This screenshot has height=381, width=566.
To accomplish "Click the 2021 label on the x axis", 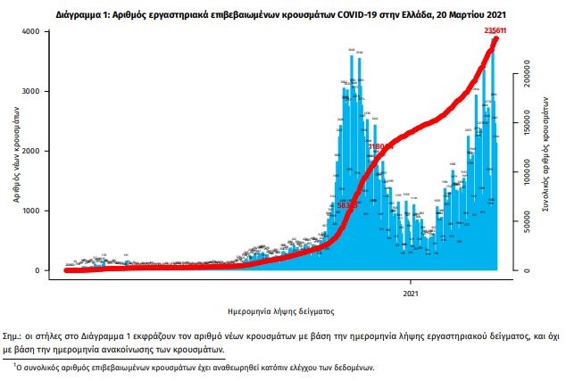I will pyautogui.click(x=412, y=293).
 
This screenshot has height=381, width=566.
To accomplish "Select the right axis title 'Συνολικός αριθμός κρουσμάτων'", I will pyautogui.click(x=545, y=152).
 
